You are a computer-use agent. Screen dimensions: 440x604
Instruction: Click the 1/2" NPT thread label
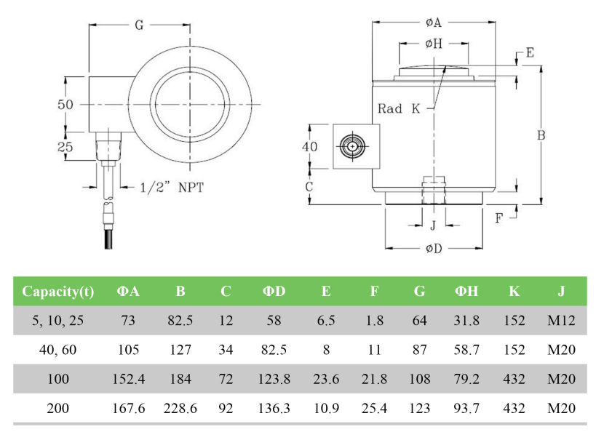[171, 187]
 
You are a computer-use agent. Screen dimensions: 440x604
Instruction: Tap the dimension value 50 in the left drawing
[66, 104]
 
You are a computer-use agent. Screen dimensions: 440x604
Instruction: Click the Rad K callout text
[399, 108]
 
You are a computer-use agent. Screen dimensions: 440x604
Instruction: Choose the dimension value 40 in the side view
[310, 146]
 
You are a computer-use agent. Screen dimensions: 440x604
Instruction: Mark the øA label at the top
[434, 23]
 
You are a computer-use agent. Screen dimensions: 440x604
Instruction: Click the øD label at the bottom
[434, 249]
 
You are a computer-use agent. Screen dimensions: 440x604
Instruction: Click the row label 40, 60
[58, 350]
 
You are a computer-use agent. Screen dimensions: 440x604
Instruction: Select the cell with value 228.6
[180, 408]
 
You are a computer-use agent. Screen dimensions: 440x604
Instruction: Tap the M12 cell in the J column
[561, 321]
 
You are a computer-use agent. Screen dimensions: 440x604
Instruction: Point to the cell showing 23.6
[326, 379]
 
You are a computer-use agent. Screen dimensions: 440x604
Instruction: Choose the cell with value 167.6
[128, 408]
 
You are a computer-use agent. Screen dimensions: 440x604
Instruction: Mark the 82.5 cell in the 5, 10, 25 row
[180, 321]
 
